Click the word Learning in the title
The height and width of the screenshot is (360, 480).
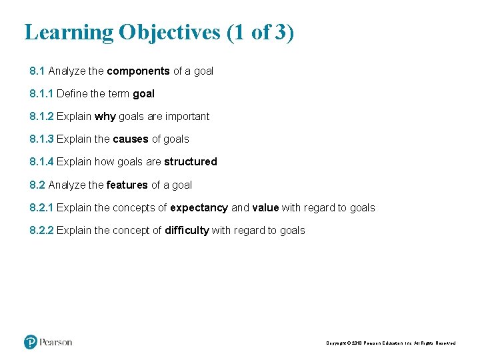coord(69,33)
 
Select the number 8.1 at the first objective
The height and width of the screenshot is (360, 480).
coord(37,71)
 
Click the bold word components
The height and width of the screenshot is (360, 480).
coord(138,71)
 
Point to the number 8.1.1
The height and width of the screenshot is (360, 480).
coord(41,94)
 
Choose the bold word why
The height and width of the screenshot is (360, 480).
coord(105,117)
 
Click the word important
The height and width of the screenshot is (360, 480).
coord(187,117)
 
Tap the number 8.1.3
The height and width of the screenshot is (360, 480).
coord(41,139)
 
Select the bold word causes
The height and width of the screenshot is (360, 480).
coord(131,139)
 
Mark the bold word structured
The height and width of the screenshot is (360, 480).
coord(191,162)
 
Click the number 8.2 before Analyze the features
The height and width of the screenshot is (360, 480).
coord(37,185)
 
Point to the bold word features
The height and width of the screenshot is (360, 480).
coord(127,185)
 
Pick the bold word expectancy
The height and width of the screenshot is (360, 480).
coord(199,208)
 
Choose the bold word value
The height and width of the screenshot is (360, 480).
coord(265,208)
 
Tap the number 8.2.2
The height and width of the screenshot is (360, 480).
coord(41,231)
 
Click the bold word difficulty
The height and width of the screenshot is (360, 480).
coord(187,231)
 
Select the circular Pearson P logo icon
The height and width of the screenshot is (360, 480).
coord(31,342)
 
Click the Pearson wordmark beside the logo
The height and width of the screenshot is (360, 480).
coord(56,343)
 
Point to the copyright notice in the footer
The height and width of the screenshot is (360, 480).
coord(391,343)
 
